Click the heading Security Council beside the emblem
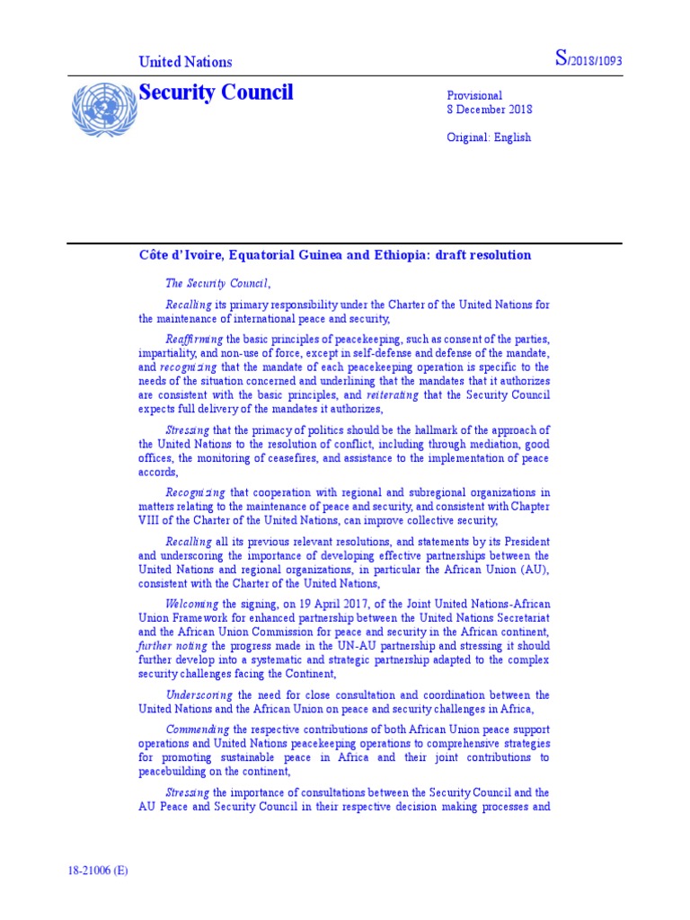coord(216,93)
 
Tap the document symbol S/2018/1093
coord(588,60)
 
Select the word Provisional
coord(474,95)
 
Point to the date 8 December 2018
coord(490,110)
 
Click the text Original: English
coord(489,137)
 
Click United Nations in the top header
coord(185,62)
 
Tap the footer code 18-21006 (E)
coord(98,871)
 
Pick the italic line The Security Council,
coord(217,283)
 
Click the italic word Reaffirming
coord(194,339)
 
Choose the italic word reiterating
coord(392,394)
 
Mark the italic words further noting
coord(172,647)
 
